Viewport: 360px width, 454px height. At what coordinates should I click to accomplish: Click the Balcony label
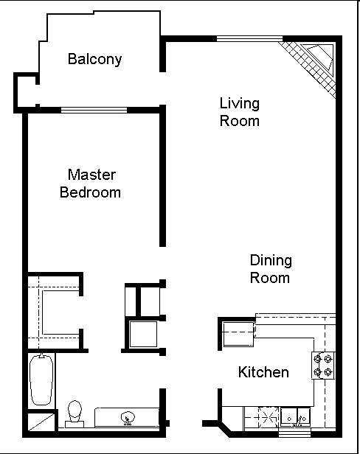94,59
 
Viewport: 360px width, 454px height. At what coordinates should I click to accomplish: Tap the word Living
240,103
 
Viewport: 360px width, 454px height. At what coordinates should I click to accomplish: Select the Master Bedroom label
91,184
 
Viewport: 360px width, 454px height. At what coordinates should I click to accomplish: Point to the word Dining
271,261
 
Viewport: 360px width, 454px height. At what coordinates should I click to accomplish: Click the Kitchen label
263,372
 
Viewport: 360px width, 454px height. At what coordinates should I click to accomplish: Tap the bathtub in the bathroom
41,380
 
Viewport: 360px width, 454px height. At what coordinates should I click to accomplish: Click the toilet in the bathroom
75,414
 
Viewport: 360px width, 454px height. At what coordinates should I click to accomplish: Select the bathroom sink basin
128,418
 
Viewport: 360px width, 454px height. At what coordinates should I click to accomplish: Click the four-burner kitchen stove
323,366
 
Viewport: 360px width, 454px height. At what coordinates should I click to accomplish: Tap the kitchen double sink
295,417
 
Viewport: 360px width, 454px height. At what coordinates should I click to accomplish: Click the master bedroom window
94,110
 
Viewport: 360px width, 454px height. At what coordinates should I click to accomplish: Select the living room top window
249,39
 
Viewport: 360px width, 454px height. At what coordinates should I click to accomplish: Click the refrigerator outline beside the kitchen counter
238,334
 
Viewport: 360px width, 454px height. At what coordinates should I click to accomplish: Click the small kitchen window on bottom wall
294,434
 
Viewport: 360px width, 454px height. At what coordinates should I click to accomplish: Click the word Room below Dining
269,278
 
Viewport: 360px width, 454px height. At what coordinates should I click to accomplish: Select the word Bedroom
91,192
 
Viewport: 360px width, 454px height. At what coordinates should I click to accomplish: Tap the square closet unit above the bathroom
143,334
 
